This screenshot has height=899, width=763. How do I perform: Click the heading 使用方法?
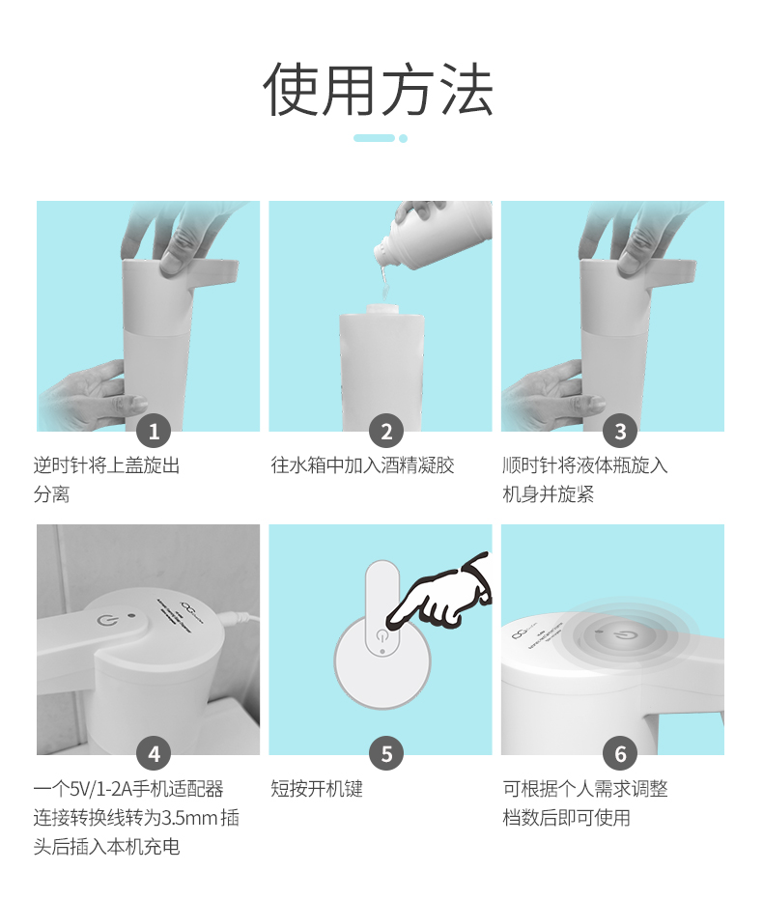click(379, 90)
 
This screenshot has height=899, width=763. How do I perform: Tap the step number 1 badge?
click(154, 431)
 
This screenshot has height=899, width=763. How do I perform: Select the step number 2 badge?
click(386, 431)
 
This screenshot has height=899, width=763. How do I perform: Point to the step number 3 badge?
click(620, 431)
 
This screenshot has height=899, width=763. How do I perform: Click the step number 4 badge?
click(154, 754)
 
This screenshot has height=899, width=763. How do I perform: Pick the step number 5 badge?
click(386, 754)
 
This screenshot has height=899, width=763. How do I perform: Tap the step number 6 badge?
click(620, 754)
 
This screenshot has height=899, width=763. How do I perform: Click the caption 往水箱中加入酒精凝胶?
click(362, 465)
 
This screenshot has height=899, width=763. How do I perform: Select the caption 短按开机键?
click(317, 788)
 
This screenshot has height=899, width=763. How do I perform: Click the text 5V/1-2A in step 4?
click(100, 789)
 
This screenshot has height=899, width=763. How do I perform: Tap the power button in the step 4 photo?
click(106, 620)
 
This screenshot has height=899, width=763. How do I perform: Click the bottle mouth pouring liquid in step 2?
click(381, 252)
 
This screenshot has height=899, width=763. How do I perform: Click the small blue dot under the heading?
click(403, 138)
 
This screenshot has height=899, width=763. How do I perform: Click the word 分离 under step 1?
click(51, 493)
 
